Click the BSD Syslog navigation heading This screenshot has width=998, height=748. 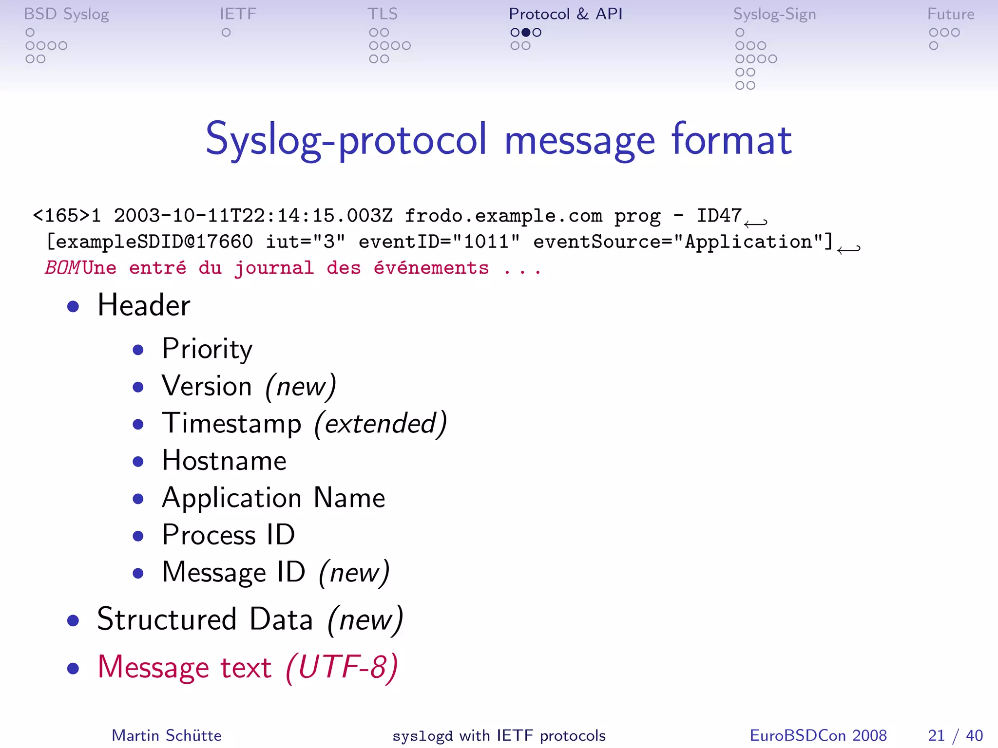click(66, 14)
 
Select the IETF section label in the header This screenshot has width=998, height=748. click(238, 14)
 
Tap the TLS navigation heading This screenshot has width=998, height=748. click(383, 14)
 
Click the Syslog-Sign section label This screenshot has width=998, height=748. click(774, 14)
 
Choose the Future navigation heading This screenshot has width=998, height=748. click(950, 14)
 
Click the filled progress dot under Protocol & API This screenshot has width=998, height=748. click(526, 33)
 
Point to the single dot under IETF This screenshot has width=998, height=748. click(226, 33)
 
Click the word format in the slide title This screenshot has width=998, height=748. click(731, 140)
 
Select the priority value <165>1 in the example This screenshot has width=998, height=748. click(67, 216)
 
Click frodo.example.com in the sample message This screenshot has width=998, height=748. click(503, 216)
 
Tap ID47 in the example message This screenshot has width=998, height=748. click(719, 216)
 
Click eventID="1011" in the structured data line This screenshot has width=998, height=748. click(439, 242)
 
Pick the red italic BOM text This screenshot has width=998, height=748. click(62, 268)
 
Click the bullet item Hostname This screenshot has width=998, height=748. click(224, 461)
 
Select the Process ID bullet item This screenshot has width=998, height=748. click(228, 535)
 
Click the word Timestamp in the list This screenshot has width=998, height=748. click(232, 423)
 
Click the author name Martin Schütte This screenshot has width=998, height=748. click(167, 735)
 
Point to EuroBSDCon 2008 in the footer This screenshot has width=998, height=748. click(818, 735)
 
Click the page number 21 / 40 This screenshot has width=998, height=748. click(955, 735)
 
